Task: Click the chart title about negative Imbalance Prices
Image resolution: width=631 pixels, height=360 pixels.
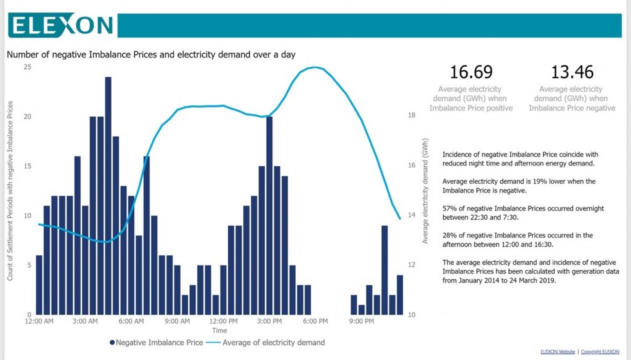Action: pyautogui.click(x=151, y=54)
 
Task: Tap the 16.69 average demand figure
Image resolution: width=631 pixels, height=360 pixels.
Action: pyautogui.click(x=471, y=72)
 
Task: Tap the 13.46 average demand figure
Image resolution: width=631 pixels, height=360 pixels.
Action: pyautogui.click(x=572, y=72)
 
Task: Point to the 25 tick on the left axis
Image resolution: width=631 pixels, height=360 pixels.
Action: pyautogui.click(x=27, y=67)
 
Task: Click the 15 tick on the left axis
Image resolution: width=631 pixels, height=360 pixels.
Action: pyautogui.click(x=27, y=166)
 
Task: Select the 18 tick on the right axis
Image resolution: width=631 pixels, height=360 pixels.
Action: pyautogui.click(x=412, y=115)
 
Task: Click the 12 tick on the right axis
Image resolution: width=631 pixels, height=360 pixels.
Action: pyautogui.click(x=412, y=265)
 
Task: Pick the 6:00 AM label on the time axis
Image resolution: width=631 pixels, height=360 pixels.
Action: pyautogui.click(x=131, y=321)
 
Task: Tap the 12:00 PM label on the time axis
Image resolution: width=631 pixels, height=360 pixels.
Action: pyautogui.click(x=223, y=321)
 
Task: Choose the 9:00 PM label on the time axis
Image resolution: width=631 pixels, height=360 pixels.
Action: pyautogui.click(x=361, y=321)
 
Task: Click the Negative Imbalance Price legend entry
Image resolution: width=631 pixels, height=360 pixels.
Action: pyautogui.click(x=156, y=342)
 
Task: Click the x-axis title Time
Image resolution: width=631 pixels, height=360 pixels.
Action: pyautogui.click(x=219, y=330)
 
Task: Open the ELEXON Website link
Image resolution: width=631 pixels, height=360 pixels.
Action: pyautogui.click(x=557, y=351)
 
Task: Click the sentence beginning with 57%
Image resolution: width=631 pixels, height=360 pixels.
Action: pyautogui.click(x=523, y=213)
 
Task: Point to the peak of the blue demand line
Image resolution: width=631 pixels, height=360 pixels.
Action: pyautogui.click(x=315, y=67)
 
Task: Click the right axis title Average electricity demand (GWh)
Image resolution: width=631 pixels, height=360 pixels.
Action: pyautogui.click(x=425, y=191)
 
